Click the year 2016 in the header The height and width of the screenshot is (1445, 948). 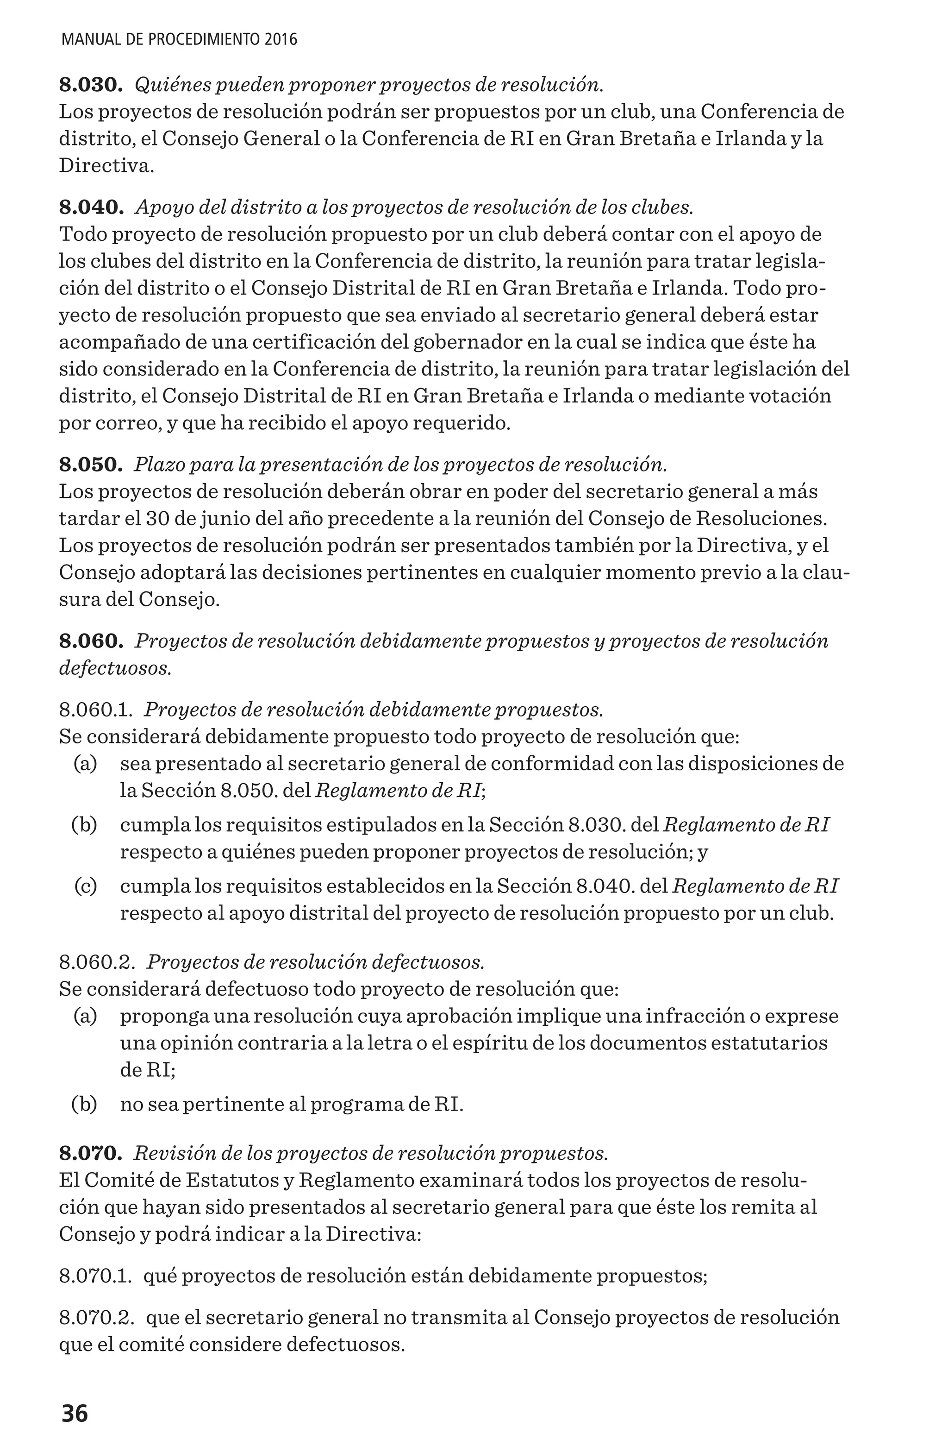pos(281,40)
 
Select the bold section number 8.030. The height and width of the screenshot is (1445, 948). pos(91,84)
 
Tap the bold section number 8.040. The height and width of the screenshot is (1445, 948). pos(92,207)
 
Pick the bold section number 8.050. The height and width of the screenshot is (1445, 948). pos(91,465)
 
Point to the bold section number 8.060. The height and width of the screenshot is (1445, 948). pos(91,641)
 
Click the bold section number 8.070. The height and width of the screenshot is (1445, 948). pos(91,1153)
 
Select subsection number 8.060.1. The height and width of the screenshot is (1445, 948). pos(96,709)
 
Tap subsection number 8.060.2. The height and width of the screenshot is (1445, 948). pos(97,962)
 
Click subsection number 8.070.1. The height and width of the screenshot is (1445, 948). pos(96,1275)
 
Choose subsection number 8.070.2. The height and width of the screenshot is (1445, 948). pos(97,1318)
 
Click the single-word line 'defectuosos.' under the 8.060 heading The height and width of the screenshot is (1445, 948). pos(115,668)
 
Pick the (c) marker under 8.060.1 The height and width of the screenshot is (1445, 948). pos(86,886)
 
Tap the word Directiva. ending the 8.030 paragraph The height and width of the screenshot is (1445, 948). pos(106,166)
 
